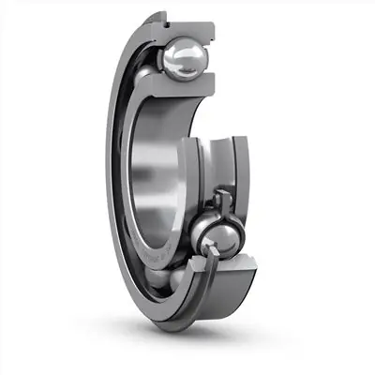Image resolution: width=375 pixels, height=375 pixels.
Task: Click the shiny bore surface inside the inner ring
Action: pyautogui.click(x=155, y=169)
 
